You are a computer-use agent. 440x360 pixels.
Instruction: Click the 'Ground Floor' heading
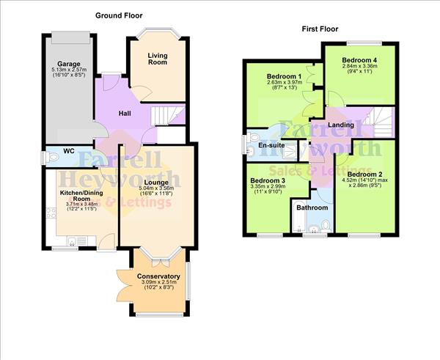click(119, 15)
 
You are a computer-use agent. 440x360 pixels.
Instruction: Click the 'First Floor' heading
click(320, 29)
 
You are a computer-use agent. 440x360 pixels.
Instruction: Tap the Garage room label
click(69, 64)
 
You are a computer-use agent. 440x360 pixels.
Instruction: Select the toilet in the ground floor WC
click(51, 157)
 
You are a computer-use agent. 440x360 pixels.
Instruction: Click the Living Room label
click(158, 59)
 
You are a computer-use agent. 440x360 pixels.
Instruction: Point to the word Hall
click(125, 114)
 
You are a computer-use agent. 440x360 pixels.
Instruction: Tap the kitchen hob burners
click(51, 213)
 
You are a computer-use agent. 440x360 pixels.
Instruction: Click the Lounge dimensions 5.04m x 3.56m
click(157, 188)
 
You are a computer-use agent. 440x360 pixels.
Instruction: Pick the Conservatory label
click(158, 276)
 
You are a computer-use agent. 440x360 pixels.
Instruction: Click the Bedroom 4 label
click(359, 60)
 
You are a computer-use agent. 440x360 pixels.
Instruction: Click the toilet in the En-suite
click(254, 138)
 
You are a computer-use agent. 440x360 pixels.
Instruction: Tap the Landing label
click(341, 125)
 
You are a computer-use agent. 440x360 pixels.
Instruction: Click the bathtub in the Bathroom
click(298, 216)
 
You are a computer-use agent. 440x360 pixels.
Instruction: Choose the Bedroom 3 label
click(268, 180)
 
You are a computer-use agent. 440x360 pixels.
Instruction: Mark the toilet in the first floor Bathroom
click(326, 225)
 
